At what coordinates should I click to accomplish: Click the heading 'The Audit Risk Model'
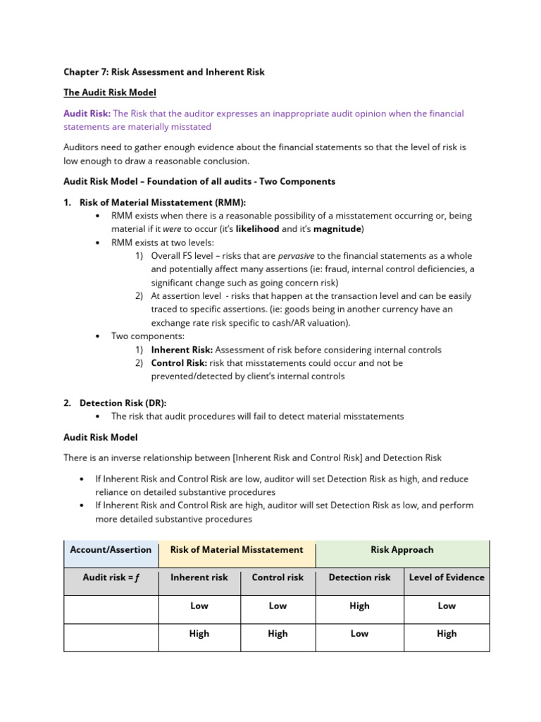110,92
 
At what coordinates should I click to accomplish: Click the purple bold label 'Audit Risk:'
87,114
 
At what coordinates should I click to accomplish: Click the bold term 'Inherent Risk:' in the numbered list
182,350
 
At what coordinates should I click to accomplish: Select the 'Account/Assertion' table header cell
110,550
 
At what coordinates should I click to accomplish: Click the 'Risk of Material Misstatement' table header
237,550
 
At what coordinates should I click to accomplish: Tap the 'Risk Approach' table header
402,550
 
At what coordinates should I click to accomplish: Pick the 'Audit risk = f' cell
111,577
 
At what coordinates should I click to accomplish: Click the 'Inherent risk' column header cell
199,577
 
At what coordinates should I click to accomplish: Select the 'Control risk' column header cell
278,577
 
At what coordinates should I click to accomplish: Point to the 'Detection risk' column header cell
359,577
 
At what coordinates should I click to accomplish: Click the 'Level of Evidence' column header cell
447,577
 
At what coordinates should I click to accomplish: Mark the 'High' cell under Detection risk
359,606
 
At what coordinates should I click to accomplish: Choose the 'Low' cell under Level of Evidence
447,606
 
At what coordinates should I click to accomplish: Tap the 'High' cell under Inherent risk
199,634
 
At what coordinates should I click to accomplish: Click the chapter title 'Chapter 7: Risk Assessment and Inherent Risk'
164,73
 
